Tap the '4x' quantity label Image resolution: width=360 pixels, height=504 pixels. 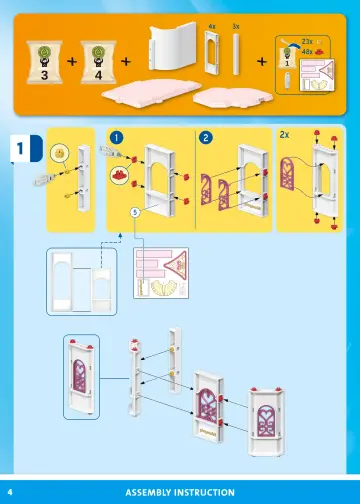(x=212, y=23)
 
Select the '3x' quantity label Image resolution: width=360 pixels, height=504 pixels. (x=235, y=23)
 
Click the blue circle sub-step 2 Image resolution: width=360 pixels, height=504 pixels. (x=205, y=136)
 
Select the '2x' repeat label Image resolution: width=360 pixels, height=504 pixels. (x=284, y=134)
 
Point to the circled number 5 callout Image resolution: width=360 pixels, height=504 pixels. (x=134, y=212)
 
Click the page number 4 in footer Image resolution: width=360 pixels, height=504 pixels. (x=10, y=492)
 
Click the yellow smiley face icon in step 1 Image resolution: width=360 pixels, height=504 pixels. (x=60, y=153)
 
